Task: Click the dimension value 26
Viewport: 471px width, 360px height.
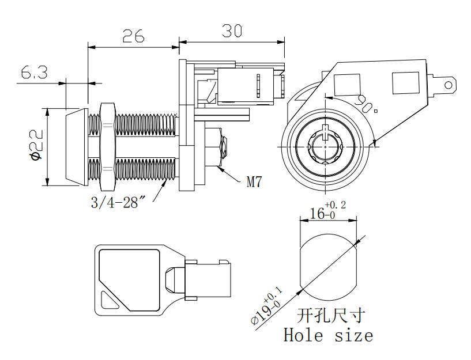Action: pyautogui.click(x=133, y=36)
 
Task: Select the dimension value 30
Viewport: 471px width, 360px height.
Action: pyautogui.click(x=232, y=31)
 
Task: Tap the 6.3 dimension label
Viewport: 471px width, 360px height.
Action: pyautogui.click(x=34, y=73)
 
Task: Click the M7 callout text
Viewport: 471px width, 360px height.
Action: pyautogui.click(x=254, y=183)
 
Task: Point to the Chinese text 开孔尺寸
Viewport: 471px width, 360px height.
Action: pyautogui.click(x=331, y=315)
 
